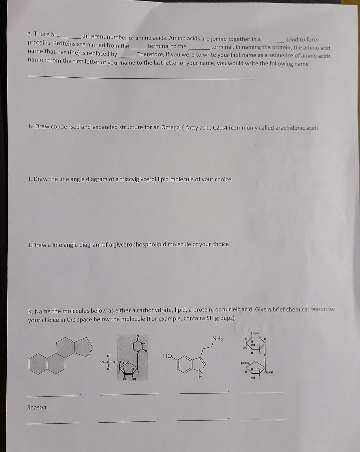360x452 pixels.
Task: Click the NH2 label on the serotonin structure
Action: (x=217, y=339)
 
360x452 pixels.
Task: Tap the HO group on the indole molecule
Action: (x=168, y=356)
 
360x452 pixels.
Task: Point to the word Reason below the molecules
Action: (x=37, y=407)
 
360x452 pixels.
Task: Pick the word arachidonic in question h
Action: (x=290, y=128)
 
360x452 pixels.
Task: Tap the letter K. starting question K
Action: (x=31, y=312)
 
